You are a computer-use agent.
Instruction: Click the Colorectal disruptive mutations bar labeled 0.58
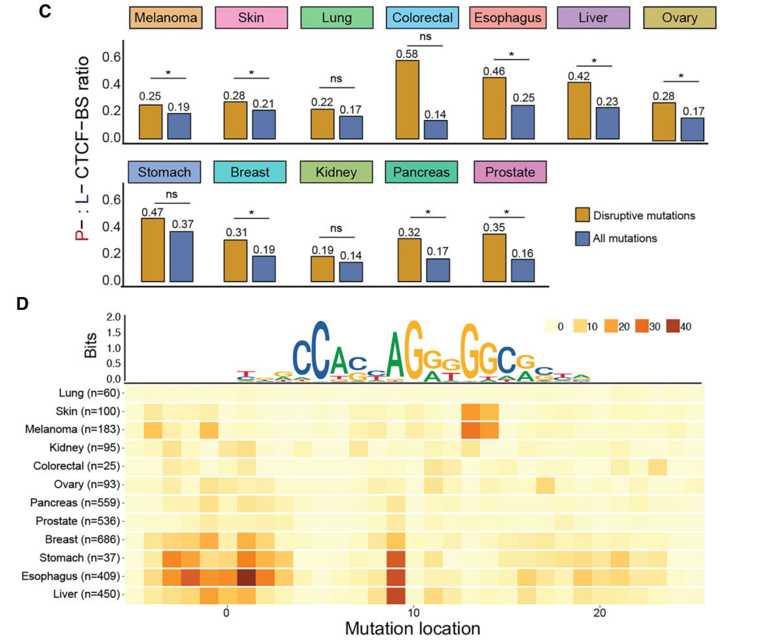tap(407, 100)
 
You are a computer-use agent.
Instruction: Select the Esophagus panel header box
tap(508, 18)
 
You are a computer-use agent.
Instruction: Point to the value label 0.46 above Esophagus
tap(494, 71)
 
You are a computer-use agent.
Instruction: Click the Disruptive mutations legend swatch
tap(582, 215)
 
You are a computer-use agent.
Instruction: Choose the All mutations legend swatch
tap(582, 238)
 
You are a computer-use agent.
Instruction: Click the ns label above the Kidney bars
tap(336, 228)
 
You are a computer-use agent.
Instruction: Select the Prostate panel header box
tap(510, 172)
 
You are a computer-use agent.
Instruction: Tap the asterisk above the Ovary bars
tap(681, 76)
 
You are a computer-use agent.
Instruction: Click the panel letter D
tap(22, 304)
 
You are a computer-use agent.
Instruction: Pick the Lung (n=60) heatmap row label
tap(89, 393)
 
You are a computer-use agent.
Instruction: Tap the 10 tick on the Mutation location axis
tap(413, 613)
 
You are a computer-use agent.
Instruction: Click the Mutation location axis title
tap(413, 629)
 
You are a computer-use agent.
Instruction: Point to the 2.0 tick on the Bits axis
tap(113, 317)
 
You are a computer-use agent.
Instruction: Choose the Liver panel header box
tap(593, 18)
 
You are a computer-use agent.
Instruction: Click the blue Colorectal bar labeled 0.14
tap(436, 130)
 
